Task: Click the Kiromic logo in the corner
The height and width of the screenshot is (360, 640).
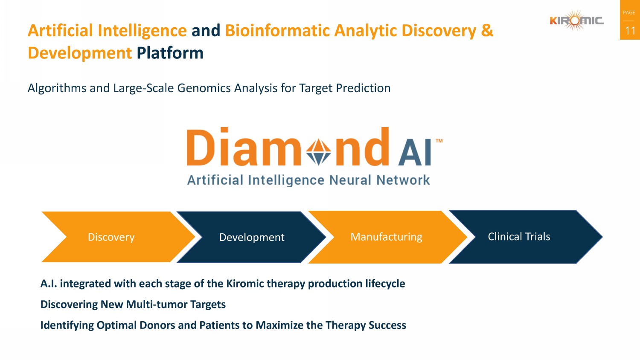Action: pyautogui.click(x=576, y=20)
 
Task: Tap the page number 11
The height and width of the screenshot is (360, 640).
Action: pyautogui.click(x=630, y=31)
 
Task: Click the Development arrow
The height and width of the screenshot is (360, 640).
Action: pyautogui.click(x=251, y=237)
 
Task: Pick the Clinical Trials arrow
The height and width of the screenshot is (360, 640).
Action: pyautogui.click(x=526, y=237)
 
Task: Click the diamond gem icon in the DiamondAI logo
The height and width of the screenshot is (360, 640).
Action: pyautogui.click(x=318, y=152)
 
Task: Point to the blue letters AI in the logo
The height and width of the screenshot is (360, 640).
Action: pyautogui.click(x=415, y=152)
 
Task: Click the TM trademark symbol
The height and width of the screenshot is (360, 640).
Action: pyautogui.click(x=439, y=141)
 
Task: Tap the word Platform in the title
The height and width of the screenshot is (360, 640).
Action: pyautogui.click(x=170, y=53)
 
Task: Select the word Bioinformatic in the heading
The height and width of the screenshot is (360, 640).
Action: pyautogui.click(x=277, y=30)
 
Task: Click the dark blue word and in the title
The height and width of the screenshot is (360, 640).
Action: pyautogui.click(x=206, y=30)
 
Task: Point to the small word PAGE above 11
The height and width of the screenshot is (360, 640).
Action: pyautogui.click(x=629, y=12)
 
